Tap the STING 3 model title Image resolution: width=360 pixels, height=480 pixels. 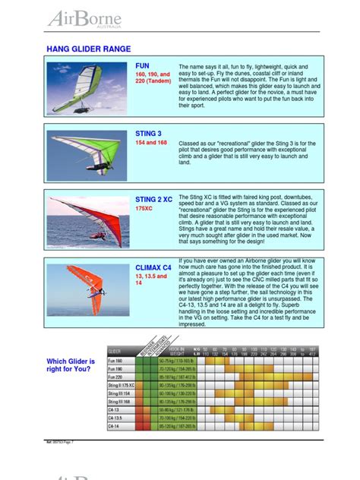point(150,133)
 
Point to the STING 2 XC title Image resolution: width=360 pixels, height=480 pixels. point(154,199)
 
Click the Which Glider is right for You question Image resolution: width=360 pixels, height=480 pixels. point(71,364)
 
